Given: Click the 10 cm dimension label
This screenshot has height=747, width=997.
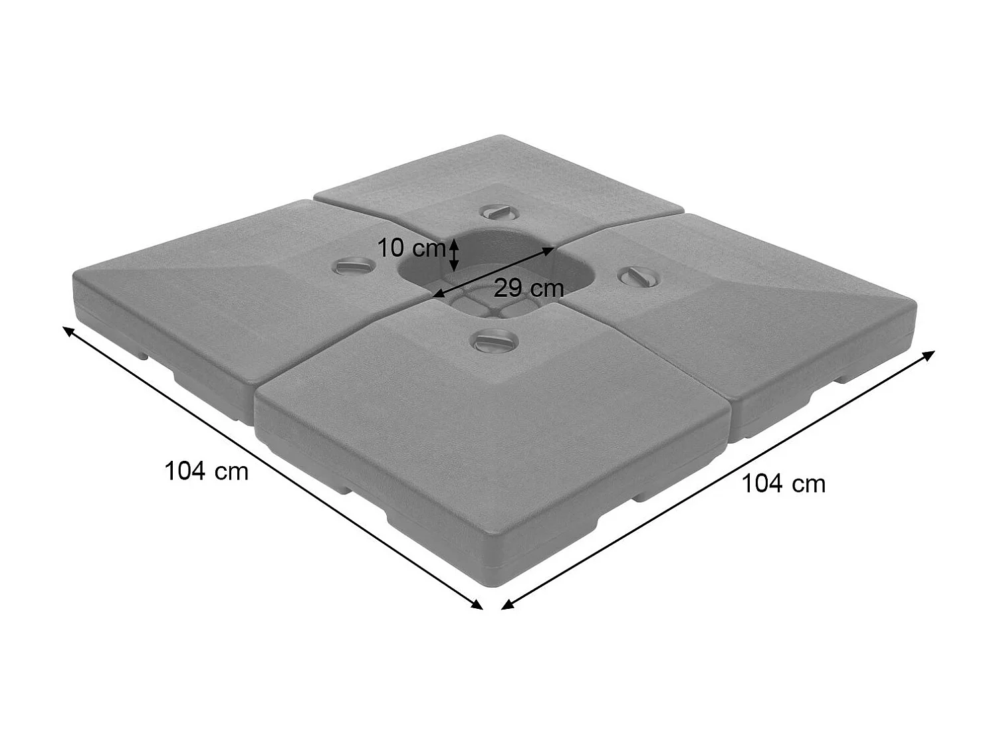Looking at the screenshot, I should pos(411,249).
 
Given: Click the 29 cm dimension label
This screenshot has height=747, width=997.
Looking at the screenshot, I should pos(528,288).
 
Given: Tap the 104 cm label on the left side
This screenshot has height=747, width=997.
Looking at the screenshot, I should pos(206,471).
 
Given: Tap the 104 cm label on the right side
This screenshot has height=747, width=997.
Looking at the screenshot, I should pos(783,483).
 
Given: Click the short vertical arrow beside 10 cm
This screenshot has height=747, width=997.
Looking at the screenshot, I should pos(454,256).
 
